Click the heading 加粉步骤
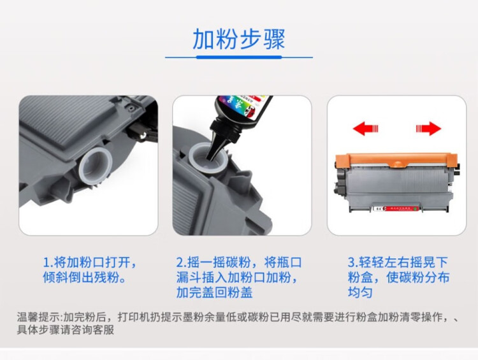[x=239, y=39]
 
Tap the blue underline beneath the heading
[x=239, y=57]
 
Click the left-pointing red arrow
[x=366, y=129]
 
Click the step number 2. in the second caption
[x=182, y=263]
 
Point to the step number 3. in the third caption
[x=352, y=263]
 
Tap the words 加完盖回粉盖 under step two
[x=214, y=293]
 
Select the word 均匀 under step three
[x=360, y=293]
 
